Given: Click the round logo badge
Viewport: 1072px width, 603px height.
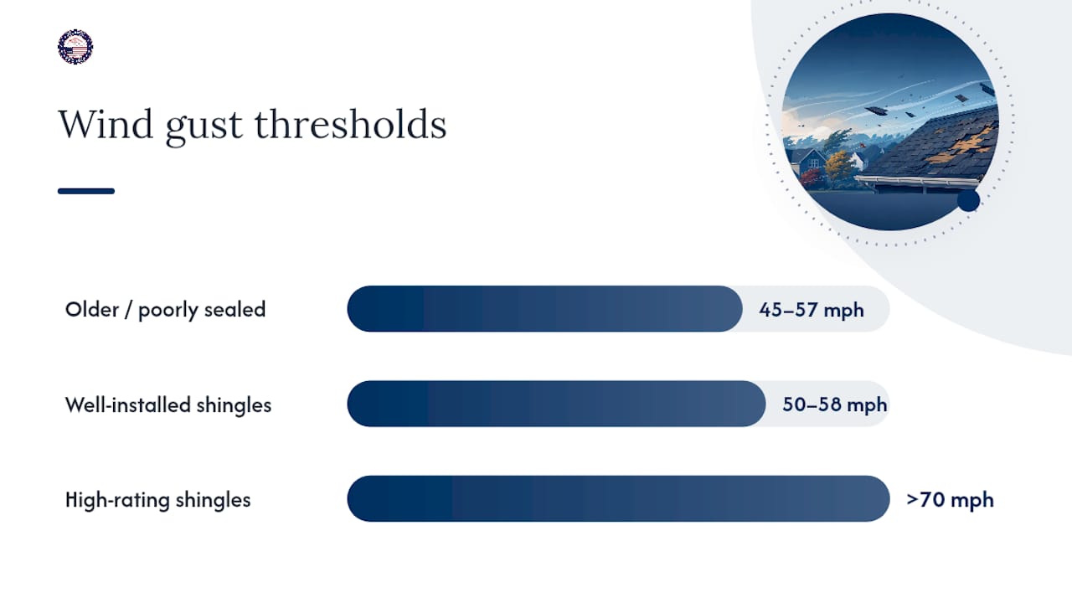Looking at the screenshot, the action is click(x=75, y=47).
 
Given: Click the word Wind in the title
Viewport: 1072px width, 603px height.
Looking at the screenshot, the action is click(x=106, y=125).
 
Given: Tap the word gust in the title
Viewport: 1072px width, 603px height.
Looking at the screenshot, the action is click(x=204, y=128).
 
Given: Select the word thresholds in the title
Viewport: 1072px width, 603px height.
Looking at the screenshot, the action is click(x=350, y=125).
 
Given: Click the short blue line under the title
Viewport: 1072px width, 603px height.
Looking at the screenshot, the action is click(x=86, y=191).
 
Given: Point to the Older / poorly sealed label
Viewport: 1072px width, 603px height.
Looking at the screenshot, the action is click(x=165, y=310).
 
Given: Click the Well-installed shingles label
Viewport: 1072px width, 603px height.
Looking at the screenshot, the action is click(x=168, y=405).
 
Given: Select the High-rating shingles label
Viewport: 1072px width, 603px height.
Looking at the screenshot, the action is click(x=157, y=500).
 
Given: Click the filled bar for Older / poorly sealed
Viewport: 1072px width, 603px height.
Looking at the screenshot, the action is click(x=544, y=309).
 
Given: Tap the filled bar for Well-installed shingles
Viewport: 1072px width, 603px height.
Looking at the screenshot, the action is click(x=556, y=404).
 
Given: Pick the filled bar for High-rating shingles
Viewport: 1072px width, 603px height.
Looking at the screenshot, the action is click(x=618, y=498).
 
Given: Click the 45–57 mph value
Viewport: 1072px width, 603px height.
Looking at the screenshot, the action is click(x=812, y=310).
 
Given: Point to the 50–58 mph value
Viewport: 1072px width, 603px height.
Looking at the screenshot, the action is click(x=835, y=405).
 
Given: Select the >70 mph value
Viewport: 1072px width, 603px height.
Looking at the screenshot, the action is click(x=950, y=500).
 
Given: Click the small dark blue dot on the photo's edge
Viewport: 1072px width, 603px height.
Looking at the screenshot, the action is click(x=969, y=200).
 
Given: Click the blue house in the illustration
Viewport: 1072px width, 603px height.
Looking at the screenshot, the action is click(x=808, y=162).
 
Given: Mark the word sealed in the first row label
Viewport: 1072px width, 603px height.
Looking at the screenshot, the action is click(x=234, y=309).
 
